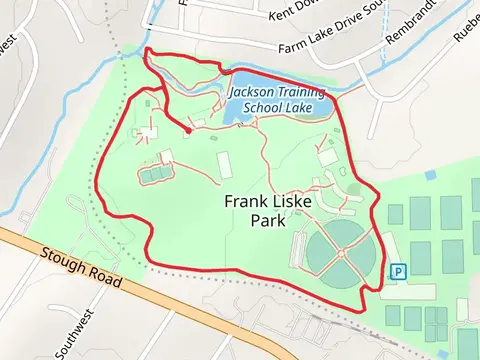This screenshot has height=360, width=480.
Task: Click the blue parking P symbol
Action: [399, 271]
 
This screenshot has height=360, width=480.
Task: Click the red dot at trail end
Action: [188, 129]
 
